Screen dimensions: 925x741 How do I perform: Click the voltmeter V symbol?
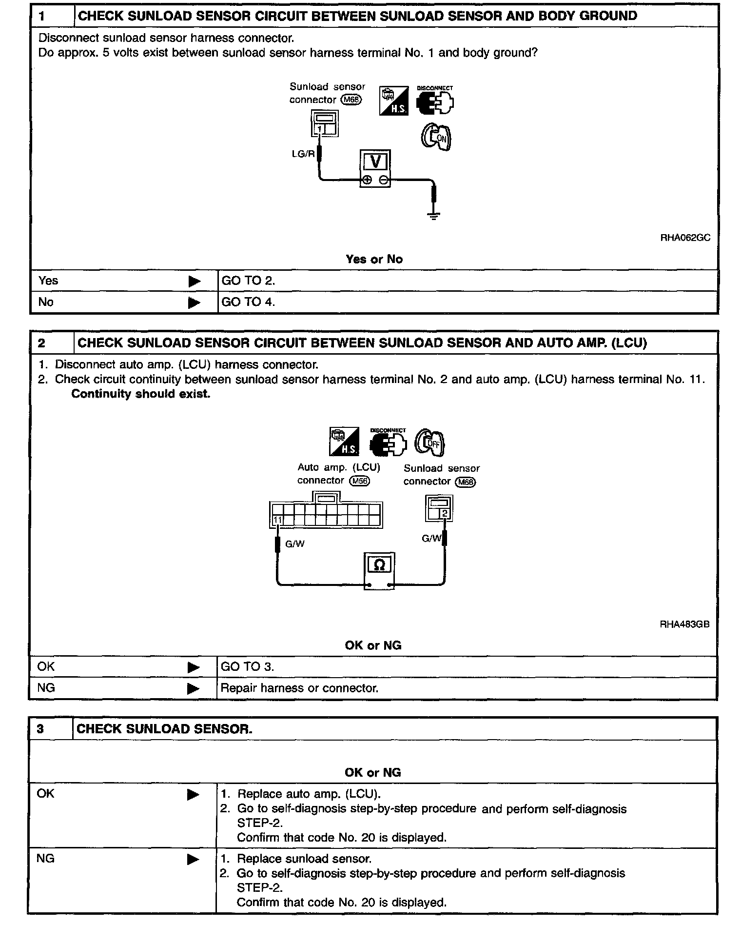(375, 161)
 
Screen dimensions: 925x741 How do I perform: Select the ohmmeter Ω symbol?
(379, 565)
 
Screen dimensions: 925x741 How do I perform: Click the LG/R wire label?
(303, 154)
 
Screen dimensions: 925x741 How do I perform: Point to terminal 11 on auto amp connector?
(277, 520)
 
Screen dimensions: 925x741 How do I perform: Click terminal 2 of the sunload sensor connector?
(445, 513)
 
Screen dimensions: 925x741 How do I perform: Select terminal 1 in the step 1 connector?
(319, 129)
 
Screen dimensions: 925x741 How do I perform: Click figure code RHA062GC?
(685, 238)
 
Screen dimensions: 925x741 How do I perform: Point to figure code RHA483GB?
(684, 624)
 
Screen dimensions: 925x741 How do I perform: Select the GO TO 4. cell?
(248, 302)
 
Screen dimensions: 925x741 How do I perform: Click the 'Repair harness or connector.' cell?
(299, 688)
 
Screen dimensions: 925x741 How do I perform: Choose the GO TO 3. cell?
(247, 667)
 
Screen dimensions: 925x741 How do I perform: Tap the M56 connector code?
(360, 481)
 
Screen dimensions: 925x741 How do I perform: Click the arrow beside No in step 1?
(194, 303)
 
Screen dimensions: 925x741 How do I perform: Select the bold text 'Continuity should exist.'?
(141, 394)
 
